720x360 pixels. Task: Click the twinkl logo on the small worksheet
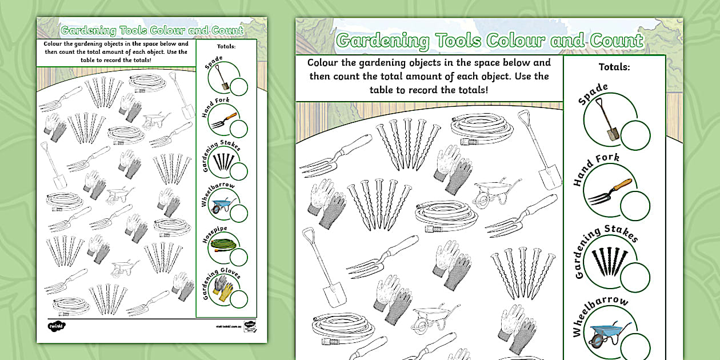point(57,326)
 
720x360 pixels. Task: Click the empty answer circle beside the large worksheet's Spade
point(635,135)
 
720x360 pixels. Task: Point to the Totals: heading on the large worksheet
point(614,67)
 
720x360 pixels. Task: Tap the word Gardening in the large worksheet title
point(383,41)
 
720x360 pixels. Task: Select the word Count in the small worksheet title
point(224,30)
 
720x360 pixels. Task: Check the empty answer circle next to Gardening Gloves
point(239,298)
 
